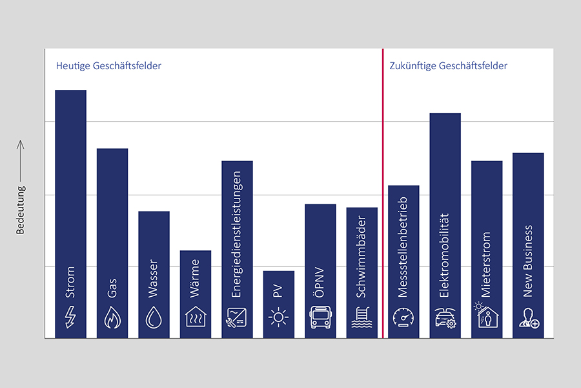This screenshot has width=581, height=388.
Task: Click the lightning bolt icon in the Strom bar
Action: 70,316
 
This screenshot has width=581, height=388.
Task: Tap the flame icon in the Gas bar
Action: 112,317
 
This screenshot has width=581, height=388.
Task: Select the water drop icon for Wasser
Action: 154,317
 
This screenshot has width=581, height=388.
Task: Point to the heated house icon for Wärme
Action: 196,316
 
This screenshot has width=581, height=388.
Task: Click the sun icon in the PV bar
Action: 279,317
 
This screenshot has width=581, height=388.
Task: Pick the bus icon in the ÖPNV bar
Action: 320,317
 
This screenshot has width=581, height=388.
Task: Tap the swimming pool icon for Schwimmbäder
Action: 362,317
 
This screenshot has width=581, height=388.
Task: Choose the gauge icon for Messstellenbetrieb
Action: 403,317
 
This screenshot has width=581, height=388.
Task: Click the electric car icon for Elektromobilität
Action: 445,317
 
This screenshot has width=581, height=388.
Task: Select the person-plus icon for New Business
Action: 529,317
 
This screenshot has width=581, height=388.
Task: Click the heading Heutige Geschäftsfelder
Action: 108,66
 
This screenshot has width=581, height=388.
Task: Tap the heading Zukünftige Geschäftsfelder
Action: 449,66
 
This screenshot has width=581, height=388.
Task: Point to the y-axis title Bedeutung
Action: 21,210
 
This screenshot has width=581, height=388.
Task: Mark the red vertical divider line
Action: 383,194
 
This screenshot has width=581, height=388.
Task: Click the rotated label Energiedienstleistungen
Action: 237,234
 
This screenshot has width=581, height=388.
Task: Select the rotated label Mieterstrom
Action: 487,264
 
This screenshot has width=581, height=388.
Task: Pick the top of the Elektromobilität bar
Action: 445,114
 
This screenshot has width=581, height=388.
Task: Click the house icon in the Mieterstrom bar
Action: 486,317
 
